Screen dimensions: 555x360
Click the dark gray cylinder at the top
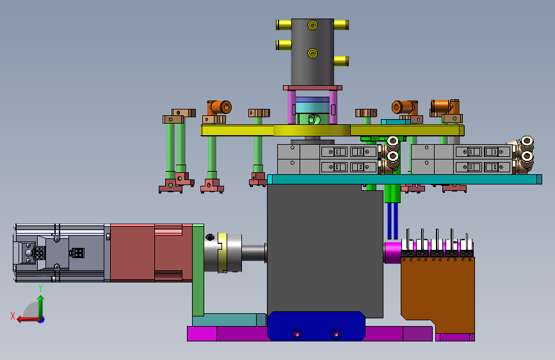pos(312,52)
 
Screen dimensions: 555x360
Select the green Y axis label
pos(40,288)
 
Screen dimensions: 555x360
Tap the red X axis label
pos(13,316)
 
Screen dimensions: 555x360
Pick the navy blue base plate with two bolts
pos(316,326)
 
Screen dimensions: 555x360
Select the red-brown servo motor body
pos(151,252)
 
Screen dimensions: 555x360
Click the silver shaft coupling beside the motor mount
pos(223,252)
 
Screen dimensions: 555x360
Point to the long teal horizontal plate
pos(405,179)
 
